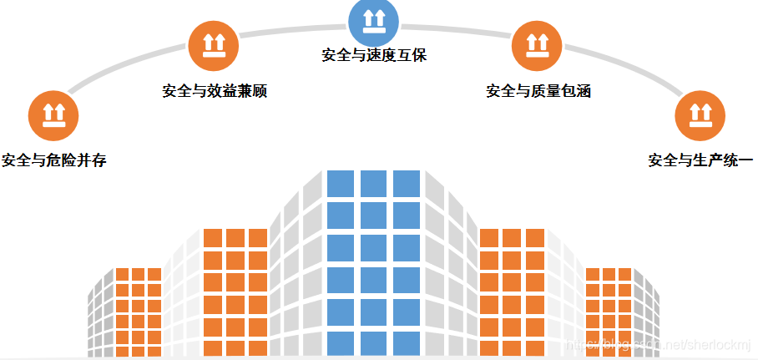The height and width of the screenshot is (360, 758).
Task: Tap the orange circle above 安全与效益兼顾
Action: point(215,47)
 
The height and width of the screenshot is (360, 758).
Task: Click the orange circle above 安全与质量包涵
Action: point(537,46)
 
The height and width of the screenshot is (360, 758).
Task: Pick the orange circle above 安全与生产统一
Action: point(700,116)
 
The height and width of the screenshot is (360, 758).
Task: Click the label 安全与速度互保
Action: point(374,56)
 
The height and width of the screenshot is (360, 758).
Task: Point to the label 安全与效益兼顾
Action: point(215,91)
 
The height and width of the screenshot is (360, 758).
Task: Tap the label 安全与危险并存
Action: point(54,160)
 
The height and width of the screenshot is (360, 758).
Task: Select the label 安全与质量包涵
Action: point(538,91)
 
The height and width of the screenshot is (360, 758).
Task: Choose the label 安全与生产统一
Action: point(700,160)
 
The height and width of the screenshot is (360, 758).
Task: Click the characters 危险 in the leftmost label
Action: point(63,160)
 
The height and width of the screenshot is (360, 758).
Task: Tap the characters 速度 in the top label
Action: point(383,56)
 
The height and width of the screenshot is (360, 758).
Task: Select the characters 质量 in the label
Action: point(548,91)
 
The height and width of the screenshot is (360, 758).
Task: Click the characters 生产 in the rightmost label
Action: point(710,160)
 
